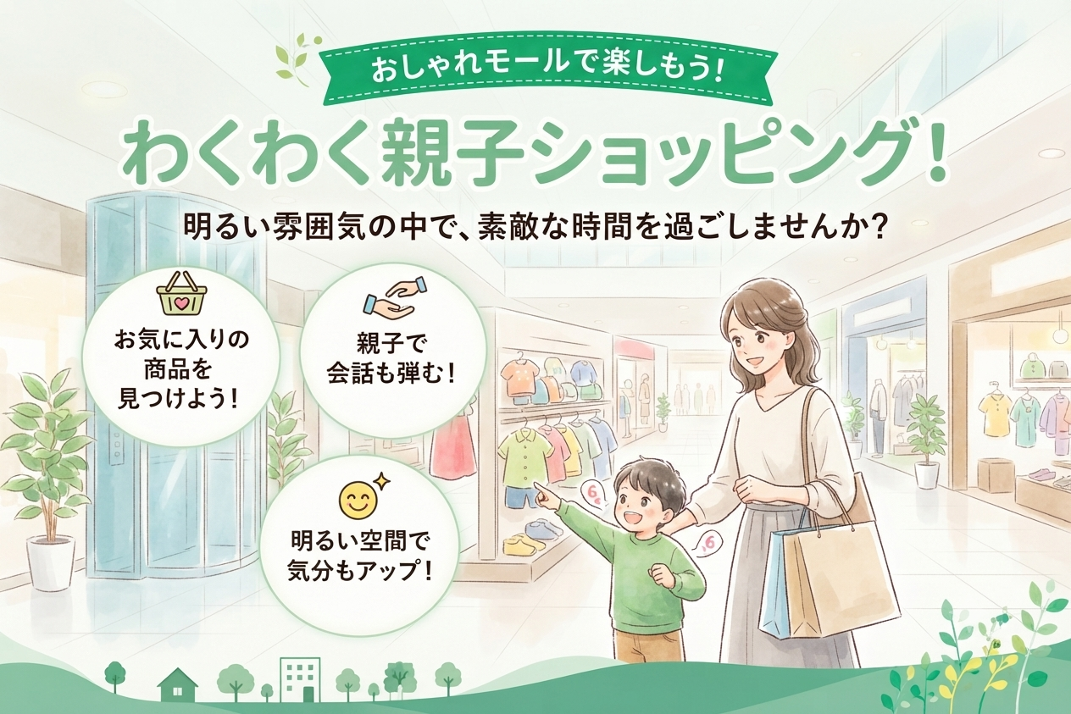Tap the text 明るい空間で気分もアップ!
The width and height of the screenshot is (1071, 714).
tap(360, 556)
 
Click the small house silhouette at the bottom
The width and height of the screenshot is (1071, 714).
tap(177, 684)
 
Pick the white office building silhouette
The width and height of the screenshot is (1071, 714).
tap(300, 679)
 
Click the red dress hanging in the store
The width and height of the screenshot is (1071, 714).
tap(452, 446)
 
